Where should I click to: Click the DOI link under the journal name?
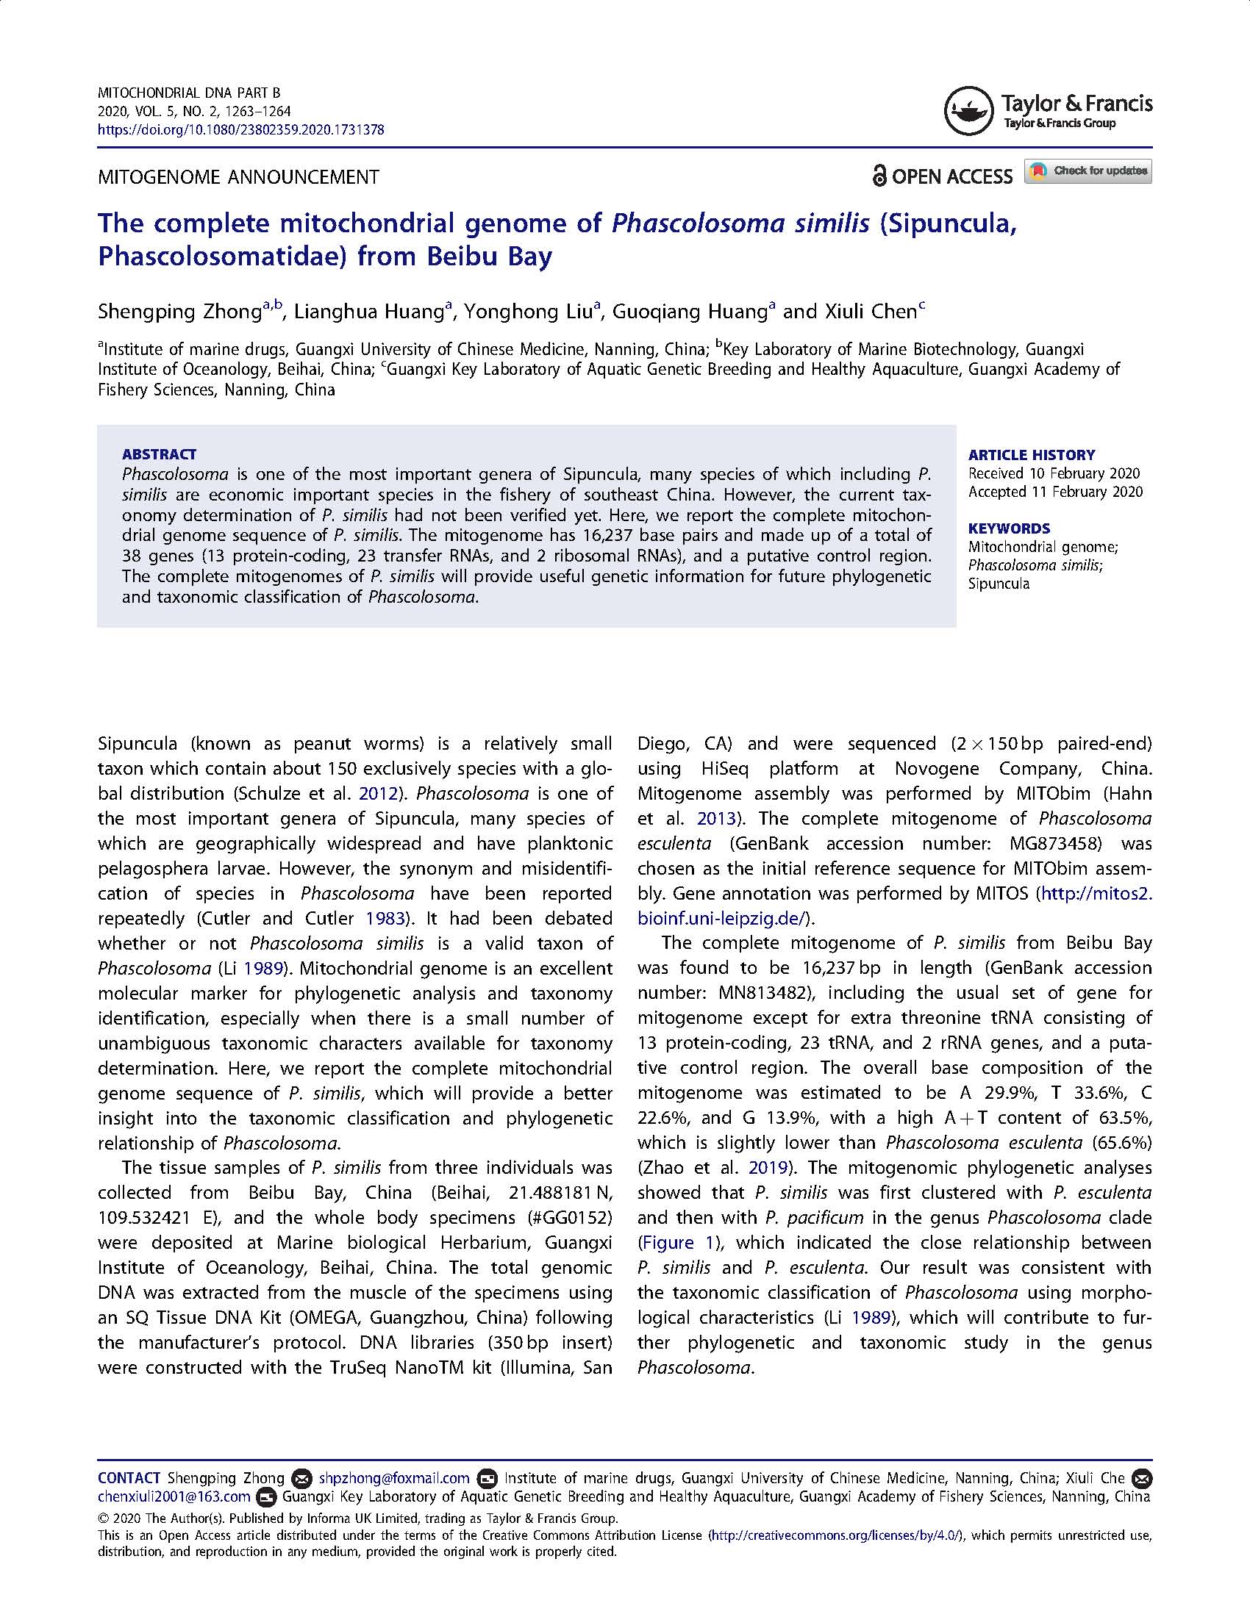pyautogui.click(x=240, y=129)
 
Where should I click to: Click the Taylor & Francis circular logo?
pyautogui.click(x=968, y=111)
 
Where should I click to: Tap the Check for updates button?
pyautogui.click(x=1087, y=171)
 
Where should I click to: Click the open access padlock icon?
pyautogui.click(x=879, y=176)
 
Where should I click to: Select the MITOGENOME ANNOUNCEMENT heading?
pyautogui.click(x=238, y=177)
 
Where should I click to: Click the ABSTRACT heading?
pyautogui.click(x=160, y=453)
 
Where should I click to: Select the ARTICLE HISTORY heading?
pyautogui.click(x=1032, y=454)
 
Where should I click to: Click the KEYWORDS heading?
pyautogui.click(x=1009, y=528)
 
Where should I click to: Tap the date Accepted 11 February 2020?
pyautogui.click(x=1055, y=492)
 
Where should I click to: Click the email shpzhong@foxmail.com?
pyautogui.click(x=394, y=1479)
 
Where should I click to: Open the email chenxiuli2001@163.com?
pyautogui.click(x=174, y=1497)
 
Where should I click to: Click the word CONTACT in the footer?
pyautogui.click(x=129, y=1479)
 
